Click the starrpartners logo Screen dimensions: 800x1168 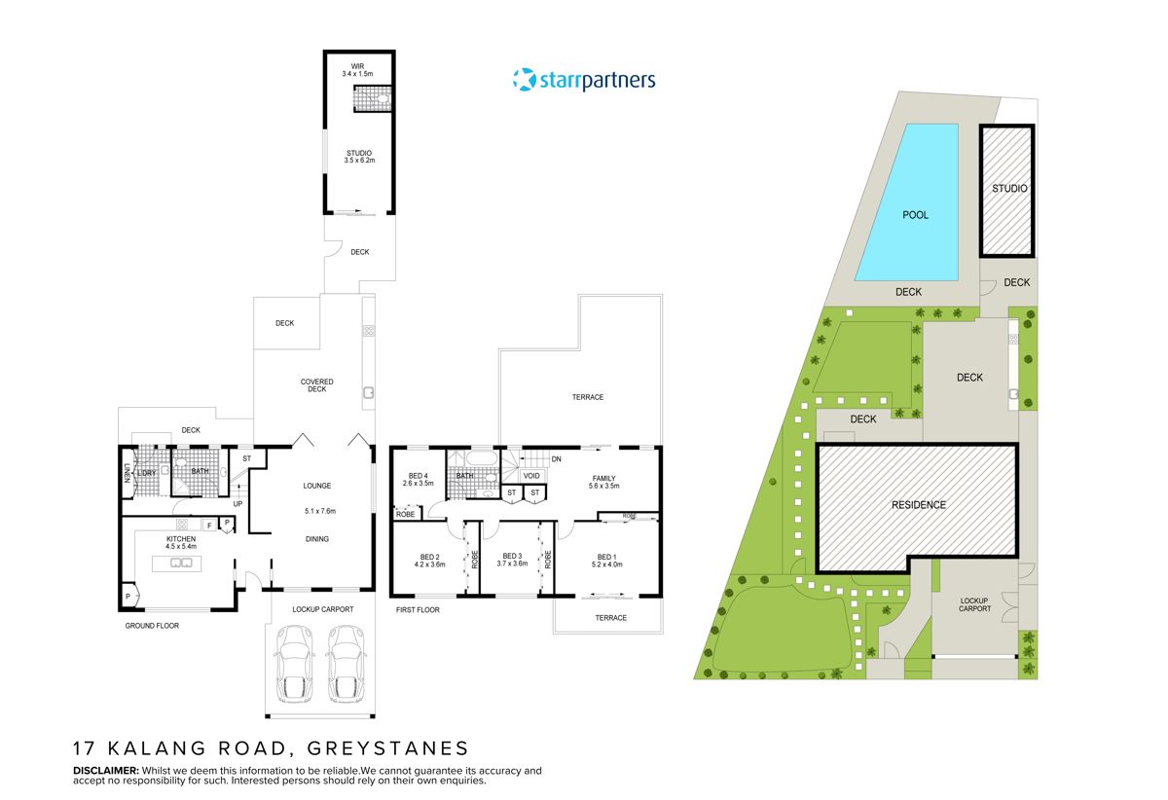(584, 80)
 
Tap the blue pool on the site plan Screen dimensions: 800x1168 (908, 203)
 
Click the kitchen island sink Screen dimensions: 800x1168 (181, 562)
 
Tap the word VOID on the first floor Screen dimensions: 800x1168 (531, 476)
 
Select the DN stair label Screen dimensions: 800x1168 (556, 459)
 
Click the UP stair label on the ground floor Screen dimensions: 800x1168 (237, 503)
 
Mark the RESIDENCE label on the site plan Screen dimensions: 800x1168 (918, 505)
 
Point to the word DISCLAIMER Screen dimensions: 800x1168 (106, 771)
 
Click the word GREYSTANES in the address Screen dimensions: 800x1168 (387, 748)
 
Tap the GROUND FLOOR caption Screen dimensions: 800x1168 (152, 626)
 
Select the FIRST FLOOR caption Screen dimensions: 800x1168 (418, 610)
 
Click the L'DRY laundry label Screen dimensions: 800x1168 (147, 472)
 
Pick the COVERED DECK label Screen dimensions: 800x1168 (316, 385)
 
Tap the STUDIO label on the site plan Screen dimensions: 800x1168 (1009, 189)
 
